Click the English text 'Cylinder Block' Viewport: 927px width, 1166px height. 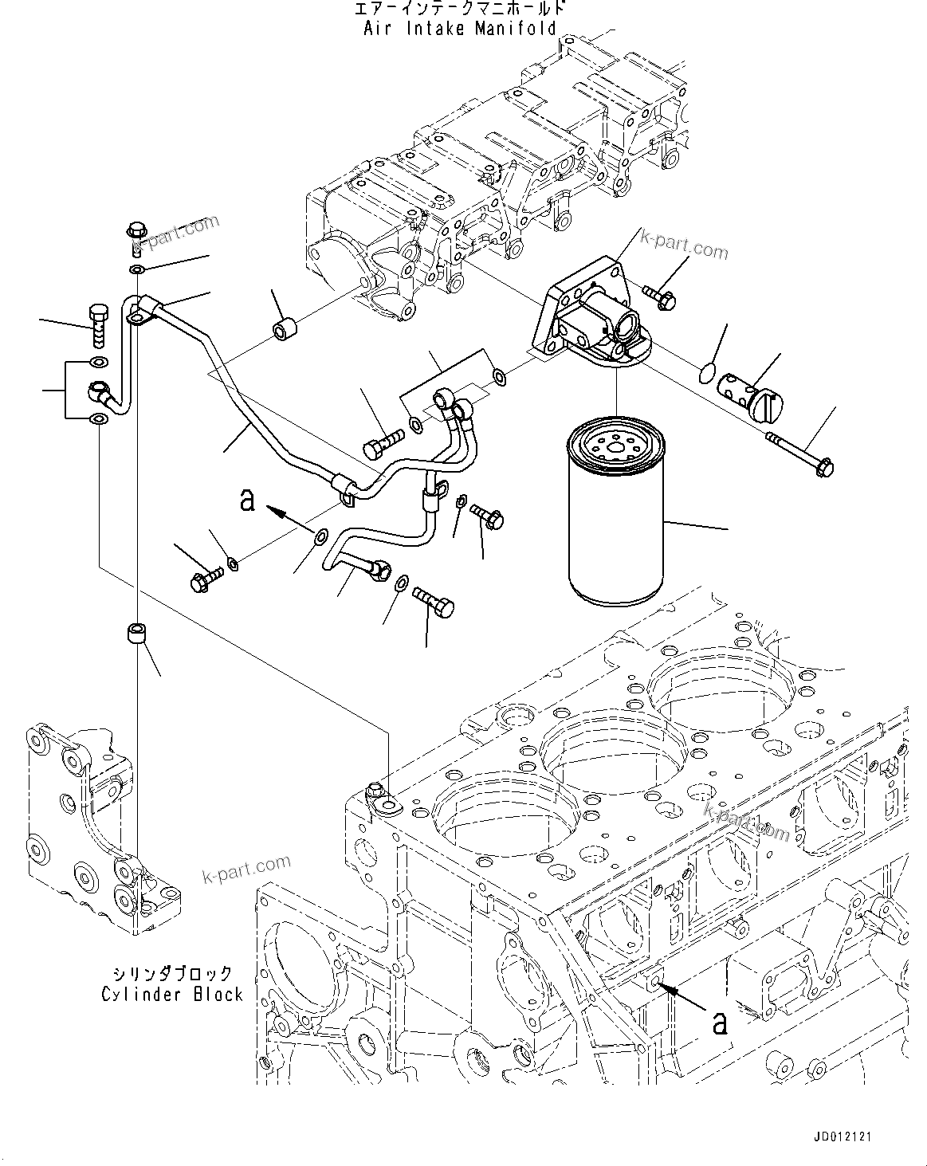(171, 994)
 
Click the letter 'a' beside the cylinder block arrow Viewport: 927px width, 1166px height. (720, 1022)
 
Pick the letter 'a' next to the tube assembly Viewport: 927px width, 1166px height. (248, 500)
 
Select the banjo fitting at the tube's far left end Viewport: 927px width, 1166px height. (100, 391)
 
